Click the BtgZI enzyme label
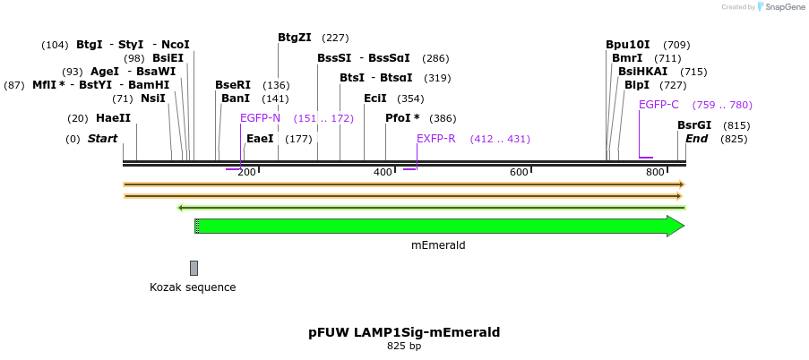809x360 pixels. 295,38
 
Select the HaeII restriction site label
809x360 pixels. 113,118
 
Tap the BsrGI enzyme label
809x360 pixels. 694,125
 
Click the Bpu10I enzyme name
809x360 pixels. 628,45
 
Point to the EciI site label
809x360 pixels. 375,99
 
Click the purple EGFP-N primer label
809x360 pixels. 260,118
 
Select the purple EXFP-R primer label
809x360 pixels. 436,139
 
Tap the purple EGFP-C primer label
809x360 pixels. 658,105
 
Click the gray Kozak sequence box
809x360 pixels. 194,268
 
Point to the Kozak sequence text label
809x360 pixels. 193,287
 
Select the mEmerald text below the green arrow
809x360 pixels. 438,245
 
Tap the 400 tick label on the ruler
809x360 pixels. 383,172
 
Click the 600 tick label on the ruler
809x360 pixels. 519,172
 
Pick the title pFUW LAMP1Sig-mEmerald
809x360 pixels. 404,332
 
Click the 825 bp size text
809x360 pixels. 404,346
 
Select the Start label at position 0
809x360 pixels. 102,139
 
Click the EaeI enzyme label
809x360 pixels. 260,139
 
